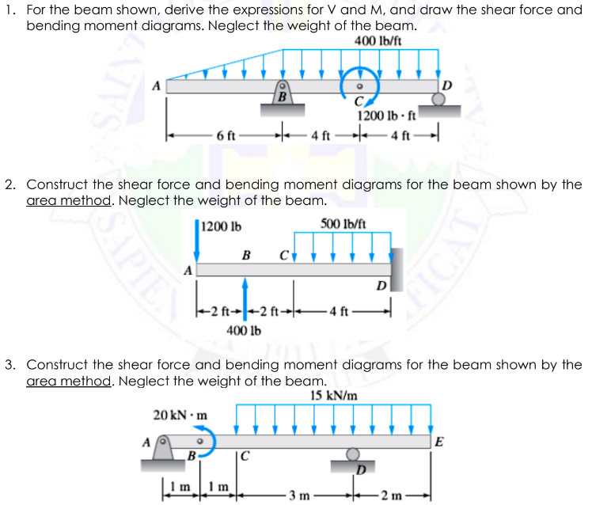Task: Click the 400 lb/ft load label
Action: coord(378,41)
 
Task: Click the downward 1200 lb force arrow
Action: coord(197,237)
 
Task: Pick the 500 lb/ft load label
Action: coord(343,225)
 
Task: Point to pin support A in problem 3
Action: coord(164,450)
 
